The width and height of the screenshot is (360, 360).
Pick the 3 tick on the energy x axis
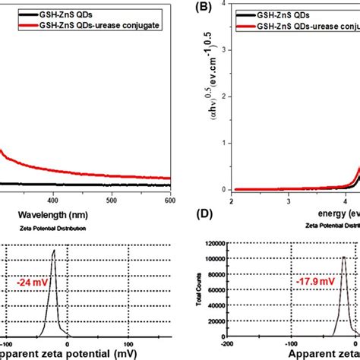click(288, 201)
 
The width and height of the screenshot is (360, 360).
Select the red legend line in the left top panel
click(14, 27)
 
